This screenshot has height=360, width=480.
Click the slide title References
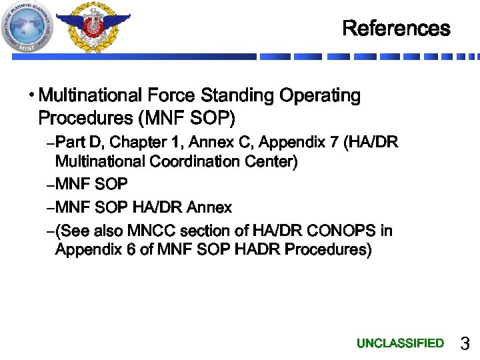(x=396, y=29)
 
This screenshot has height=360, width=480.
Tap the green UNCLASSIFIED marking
(x=400, y=343)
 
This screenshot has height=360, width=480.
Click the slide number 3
(x=465, y=344)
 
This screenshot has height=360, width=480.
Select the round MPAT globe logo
(x=29, y=27)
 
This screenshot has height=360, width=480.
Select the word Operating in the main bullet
(x=319, y=96)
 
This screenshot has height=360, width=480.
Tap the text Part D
(x=79, y=142)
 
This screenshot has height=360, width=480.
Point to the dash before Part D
(x=52, y=143)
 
